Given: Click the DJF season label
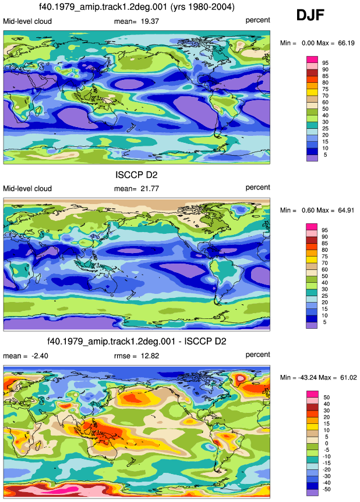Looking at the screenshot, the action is tap(310, 15).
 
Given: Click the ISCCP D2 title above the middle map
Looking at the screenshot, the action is tap(136, 175).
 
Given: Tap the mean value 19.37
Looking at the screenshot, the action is tap(150, 22).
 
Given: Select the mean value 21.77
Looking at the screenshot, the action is tap(150, 188).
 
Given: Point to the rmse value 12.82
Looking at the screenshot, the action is tap(150, 356).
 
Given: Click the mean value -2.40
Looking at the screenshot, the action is tap(39, 356).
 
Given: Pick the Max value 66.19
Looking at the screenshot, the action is tap(346, 43).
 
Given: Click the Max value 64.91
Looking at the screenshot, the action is tap(346, 210).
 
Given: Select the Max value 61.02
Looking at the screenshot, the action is tap(348, 378).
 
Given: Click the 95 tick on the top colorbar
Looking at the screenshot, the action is tap(325, 63).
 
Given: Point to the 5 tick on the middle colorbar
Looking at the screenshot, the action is tap(324, 322).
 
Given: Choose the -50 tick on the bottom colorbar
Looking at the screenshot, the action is tap(326, 489).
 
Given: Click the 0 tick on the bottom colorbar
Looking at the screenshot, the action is tap(326, 444).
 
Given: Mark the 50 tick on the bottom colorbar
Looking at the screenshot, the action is tap(326, 397).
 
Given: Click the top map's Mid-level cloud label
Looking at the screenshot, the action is tap(27, 22).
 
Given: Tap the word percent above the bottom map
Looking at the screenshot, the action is tap(257, 354).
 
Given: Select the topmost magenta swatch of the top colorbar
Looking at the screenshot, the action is tap(312, 59).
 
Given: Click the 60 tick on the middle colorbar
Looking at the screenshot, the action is tap(325, 269).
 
